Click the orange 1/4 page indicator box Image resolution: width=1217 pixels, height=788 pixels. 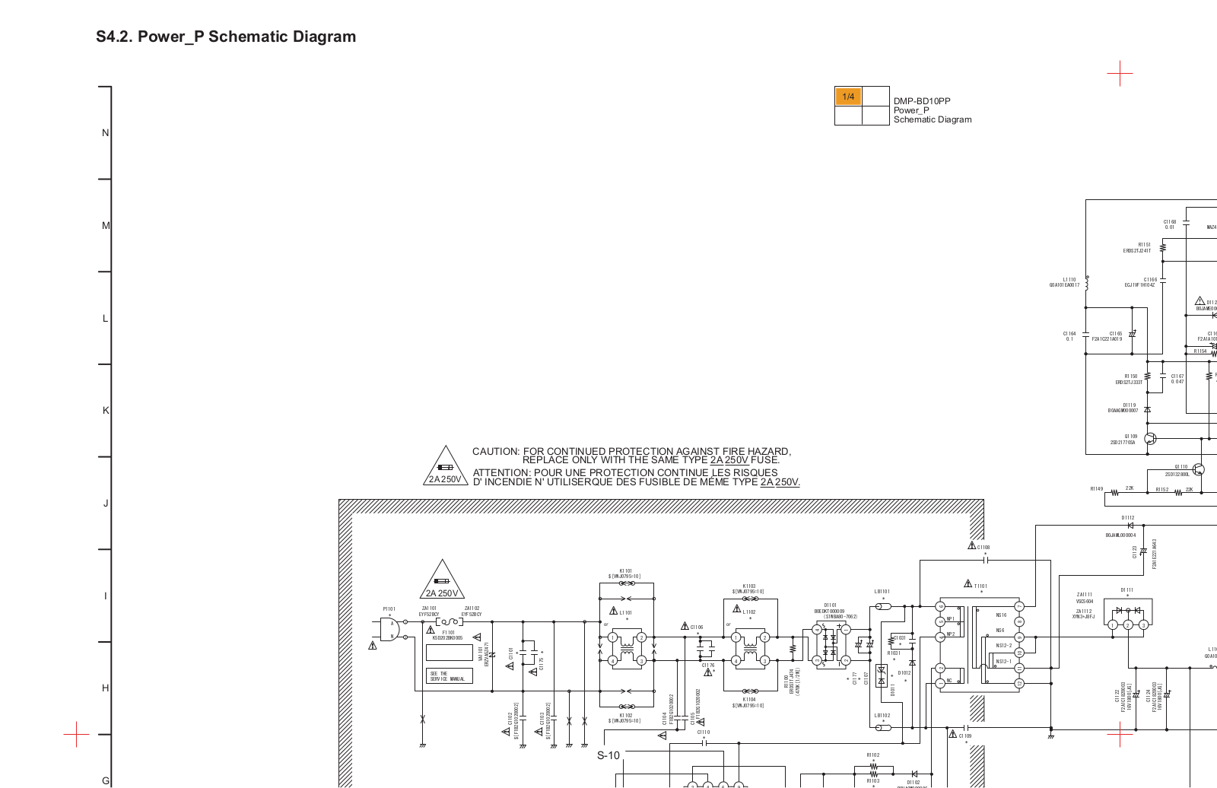point(848,97)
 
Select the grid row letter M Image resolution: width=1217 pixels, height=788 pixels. point(106,225)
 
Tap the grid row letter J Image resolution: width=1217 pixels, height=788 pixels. point(106,503)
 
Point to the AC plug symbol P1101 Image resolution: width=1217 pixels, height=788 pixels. point(390,629)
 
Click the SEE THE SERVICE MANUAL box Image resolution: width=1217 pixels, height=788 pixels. point(449,676)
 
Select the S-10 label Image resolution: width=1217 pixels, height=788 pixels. point(608,755)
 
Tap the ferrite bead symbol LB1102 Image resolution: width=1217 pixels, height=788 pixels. point(883,728)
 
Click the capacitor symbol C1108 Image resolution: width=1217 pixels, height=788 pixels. point(986,560)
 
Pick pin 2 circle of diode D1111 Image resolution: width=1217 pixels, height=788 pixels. point(1128,625)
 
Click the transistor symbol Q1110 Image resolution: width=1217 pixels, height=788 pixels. point(1199,469)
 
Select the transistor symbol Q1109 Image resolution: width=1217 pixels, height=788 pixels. point(1150,439)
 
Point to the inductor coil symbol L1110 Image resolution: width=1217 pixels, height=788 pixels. point(1087,284)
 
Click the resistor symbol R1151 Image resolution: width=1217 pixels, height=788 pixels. point(1163,248)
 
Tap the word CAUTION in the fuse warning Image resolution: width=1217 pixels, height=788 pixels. point(495,451)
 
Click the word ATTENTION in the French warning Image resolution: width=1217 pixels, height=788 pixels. point(501,472)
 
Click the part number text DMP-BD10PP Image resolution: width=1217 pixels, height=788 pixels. point(922,101)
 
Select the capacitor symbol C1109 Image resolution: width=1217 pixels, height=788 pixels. point(965,728)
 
